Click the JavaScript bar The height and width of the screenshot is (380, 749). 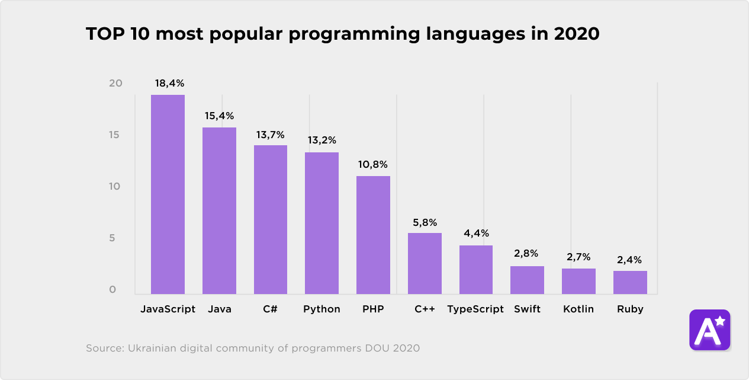click(168, 194)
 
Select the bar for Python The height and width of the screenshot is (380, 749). click(322, 223)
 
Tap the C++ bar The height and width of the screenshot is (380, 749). click(425, 263)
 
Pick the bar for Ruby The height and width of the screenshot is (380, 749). click(630, 282)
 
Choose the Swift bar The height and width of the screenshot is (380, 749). click(527, 280)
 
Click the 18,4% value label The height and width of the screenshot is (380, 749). click(169, 84)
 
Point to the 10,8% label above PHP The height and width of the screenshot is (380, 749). click(373, 164)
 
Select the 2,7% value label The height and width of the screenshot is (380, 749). click(578, 257)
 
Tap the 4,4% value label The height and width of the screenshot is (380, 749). click(476, 233)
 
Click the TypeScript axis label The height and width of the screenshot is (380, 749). click(475, 309)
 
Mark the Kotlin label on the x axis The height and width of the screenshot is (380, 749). click(578, 309)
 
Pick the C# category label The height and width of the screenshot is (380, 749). click(271, 309)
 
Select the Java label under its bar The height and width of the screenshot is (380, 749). click(220, 309)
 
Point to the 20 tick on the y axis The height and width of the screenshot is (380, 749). click(115, 84)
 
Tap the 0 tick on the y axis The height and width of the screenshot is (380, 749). click(112, 290)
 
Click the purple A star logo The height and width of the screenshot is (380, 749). click(709, 330)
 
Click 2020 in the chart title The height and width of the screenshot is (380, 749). click(577, 34)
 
